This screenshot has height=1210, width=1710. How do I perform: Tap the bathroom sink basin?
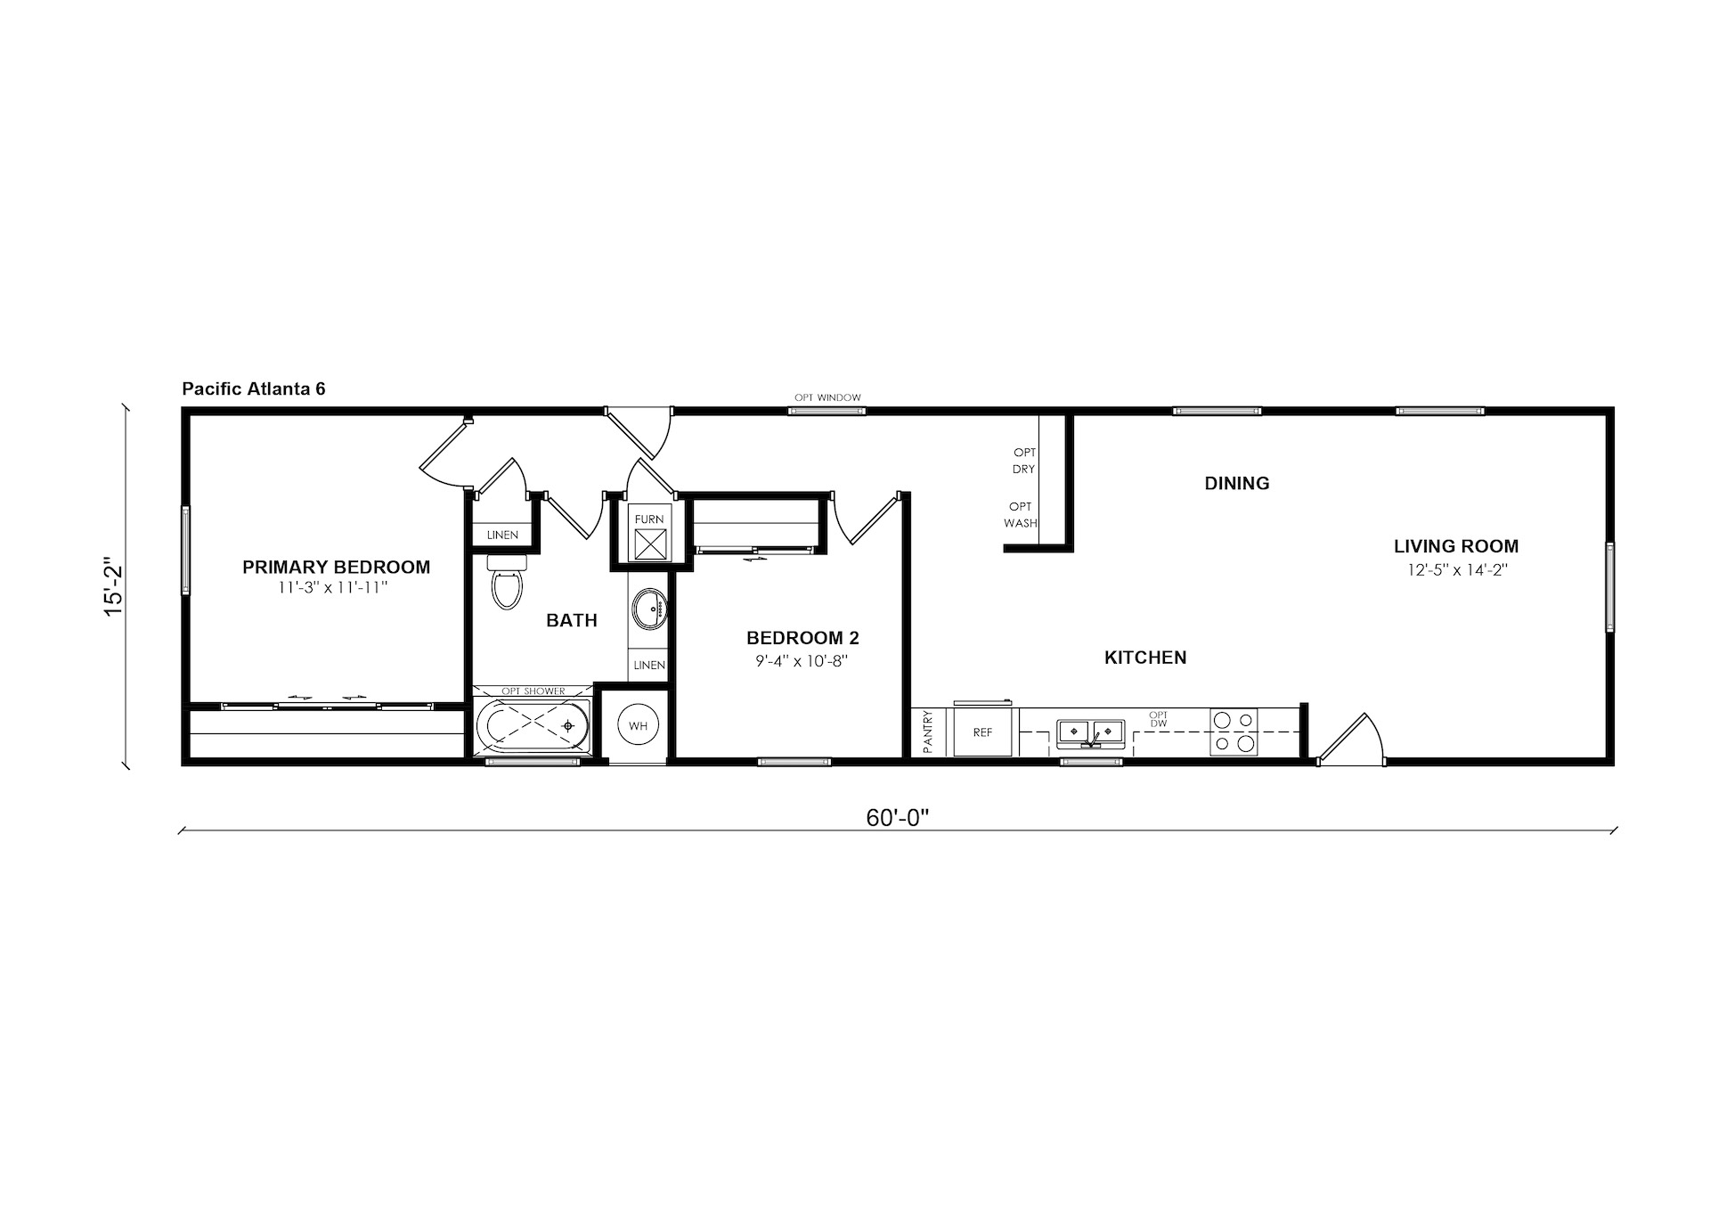pos(648,609)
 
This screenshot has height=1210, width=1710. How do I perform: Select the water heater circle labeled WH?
pos(638,726)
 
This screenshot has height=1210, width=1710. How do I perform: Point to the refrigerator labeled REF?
pos(982,732)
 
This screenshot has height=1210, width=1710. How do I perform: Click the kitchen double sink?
pos(1091,732)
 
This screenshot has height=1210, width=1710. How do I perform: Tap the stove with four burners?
pos(1234,732)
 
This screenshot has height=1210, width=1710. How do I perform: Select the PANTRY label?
pos(927,732)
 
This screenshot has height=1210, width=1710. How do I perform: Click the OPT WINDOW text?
pos(828,397)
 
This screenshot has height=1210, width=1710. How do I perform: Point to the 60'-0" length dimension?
pos(897,818)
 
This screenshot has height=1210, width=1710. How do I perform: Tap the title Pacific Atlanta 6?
pos(254,388)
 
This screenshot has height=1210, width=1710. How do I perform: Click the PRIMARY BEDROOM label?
pos(336,567)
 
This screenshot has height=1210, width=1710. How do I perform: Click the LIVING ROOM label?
pos(1456,546)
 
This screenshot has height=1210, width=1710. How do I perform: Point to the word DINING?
pos(1237,483)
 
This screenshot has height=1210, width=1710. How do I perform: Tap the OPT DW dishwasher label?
pos(1158,719)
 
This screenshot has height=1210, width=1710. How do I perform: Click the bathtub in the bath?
pos(533,725)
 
